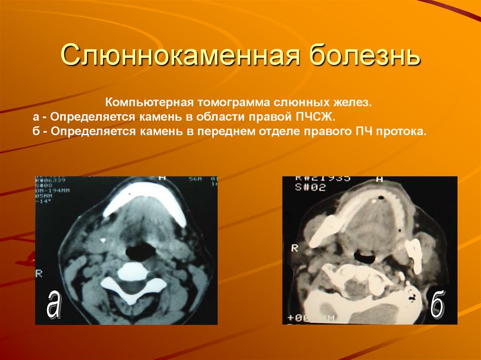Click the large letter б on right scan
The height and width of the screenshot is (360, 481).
pos(437,306)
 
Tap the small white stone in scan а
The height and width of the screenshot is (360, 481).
pos(103,240)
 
